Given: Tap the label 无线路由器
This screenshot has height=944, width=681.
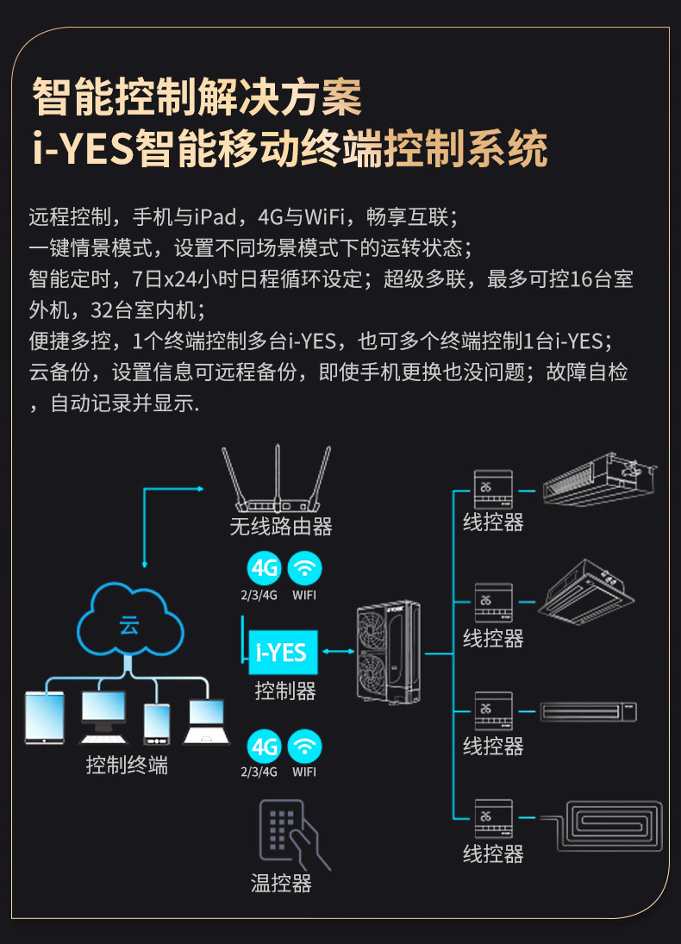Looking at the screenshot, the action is pyautogui.click(x=281, y=525).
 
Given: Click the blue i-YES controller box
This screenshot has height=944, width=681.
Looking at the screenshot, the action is pyautogui.click(x=283, y=652).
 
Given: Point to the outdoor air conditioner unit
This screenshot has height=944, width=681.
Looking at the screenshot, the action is pyautogui.click(x=389, y=652).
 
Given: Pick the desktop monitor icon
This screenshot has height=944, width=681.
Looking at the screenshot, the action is pyautogui.click(x=103, y=716).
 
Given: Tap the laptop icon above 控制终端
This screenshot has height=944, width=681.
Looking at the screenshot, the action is pyautogui.click(x=206, y=721).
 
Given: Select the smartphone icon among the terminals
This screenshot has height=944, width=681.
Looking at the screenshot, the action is pyautogui.click(x=157, y=722).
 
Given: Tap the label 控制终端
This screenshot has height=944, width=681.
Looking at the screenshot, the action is pyautogui.click(x=127, y=765).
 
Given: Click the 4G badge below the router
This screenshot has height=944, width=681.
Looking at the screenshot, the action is pyautogui.click(x=264, y=568).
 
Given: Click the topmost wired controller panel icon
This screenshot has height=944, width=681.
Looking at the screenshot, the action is pyautogui.click(x=493, y=489).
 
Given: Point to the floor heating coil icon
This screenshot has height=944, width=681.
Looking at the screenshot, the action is pyautogui.click(x=613, y=826).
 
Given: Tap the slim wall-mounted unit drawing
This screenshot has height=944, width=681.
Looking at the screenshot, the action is pyautogui.click(x=589, y=712).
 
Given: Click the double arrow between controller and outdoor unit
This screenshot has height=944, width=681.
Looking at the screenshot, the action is pyautogui.click(x=337, y=652).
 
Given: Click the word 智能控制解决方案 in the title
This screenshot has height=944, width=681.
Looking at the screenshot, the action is pyautogui.click(x=197, y=97).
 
